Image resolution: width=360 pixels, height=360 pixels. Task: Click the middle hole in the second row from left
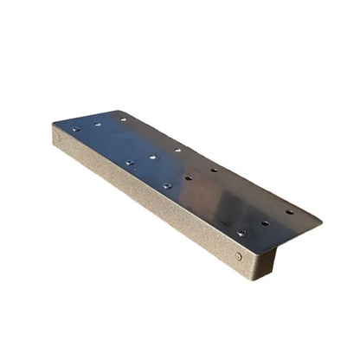pyautogui.click(x=153, y=157)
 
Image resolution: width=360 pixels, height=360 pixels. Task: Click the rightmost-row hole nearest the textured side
pyautogui.click(x=241, y=232)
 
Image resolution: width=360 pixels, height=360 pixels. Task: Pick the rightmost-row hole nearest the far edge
pyautogui.click(x=289, y=211)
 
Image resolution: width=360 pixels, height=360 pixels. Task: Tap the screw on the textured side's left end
pyautogui.click(x=59, y=136)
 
